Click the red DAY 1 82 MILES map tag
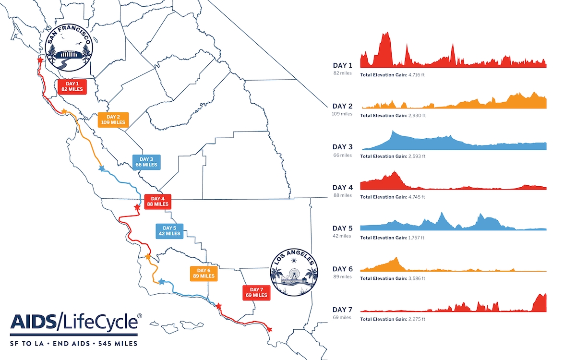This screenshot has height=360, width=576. tap(71, 86)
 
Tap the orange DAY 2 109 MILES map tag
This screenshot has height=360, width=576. tap(113, 120)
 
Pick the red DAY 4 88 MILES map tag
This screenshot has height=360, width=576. tap(157, 201)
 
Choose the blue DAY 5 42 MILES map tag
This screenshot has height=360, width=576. tap(169, 231)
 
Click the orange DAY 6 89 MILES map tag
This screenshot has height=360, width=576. tap(204, 273)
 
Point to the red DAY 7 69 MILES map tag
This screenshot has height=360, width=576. tap(256, 292)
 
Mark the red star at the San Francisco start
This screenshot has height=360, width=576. tap(40, 60)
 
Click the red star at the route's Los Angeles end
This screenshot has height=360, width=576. tap(269, 329)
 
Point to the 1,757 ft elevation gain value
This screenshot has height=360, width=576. tap(416, 238)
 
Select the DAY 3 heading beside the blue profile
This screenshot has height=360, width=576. tap(343, 147)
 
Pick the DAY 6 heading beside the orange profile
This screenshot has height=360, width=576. tap(343, 269)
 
